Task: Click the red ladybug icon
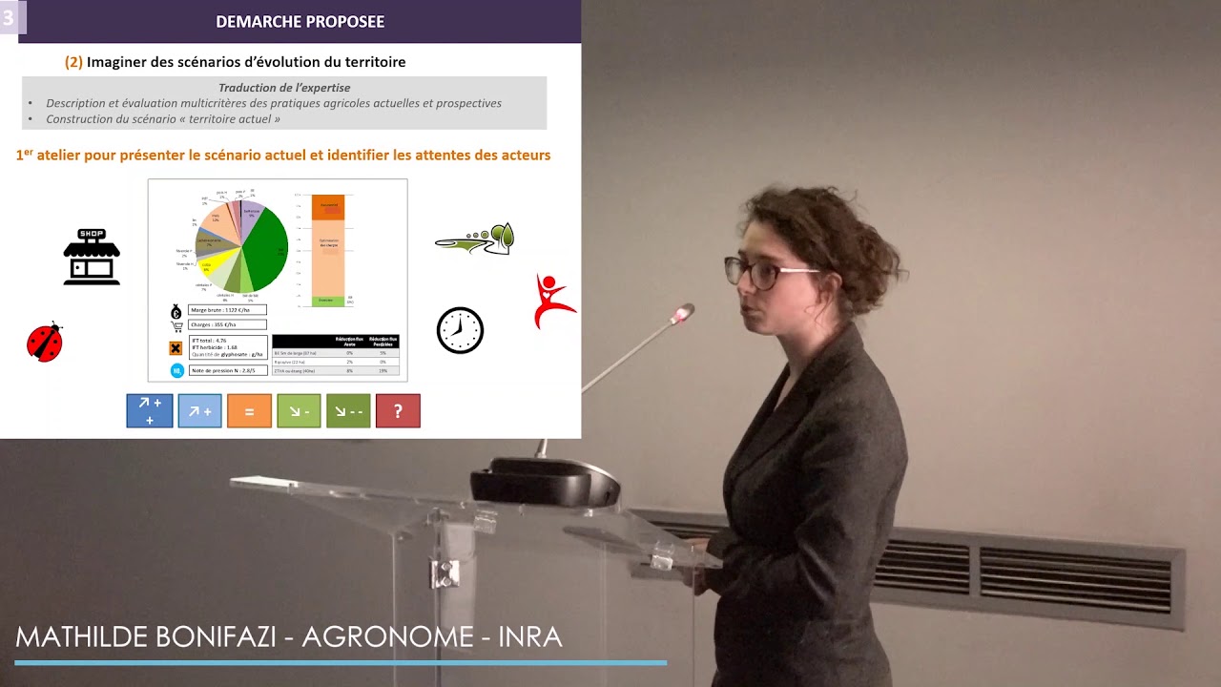[x=45, y=342]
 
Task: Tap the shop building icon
[x=92, y=257]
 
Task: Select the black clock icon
[x=460, y=330]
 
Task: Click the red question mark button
[x=398, y=411]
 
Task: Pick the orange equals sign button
[x=249, y=411]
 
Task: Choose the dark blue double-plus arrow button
[x=150, y=411]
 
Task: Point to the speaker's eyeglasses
[x=754, y=272]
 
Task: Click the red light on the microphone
[x=683, y=314]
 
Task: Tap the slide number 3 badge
[x=9, y=17]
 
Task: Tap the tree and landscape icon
[x=477, y=239]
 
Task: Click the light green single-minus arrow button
[x=299, y=411]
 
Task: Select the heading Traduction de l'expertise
[x=284, y=88]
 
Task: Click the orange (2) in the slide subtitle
[x=73, y=62]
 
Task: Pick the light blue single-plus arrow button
[x=199, y=411]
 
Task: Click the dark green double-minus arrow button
[x=348, y=411]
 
